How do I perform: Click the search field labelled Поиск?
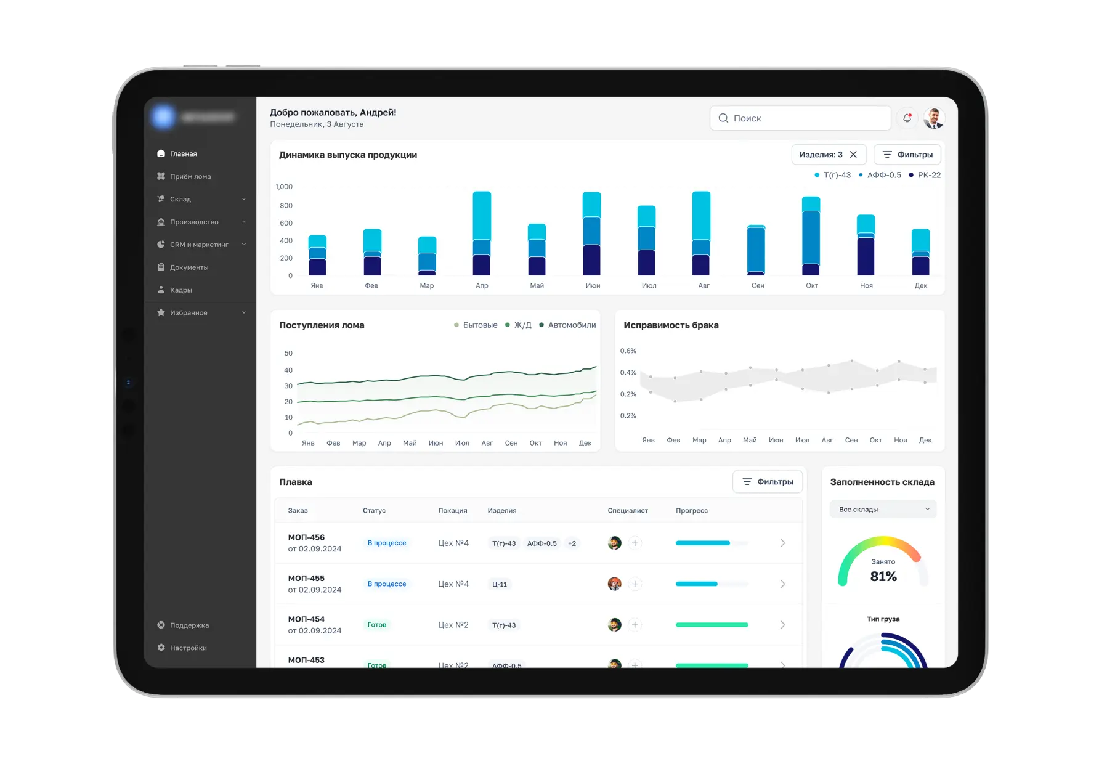[801, 118]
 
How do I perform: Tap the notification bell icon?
[907, 118]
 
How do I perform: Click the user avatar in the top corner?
[934, 118]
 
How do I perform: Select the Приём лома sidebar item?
[190, 176]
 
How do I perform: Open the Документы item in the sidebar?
[189, 267]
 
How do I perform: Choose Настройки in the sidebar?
[188, 648]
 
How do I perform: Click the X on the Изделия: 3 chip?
[853, 155]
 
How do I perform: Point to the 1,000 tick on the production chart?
[284, 187]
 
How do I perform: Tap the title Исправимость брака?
[671, 325]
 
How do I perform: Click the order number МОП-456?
[306, 537]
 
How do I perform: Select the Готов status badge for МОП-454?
[377, 625]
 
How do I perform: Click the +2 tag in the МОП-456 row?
[572, 543]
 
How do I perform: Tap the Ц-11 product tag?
[500, 584]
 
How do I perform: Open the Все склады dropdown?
[883, 510]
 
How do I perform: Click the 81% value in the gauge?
[883, 577]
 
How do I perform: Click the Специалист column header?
[627, 511]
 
